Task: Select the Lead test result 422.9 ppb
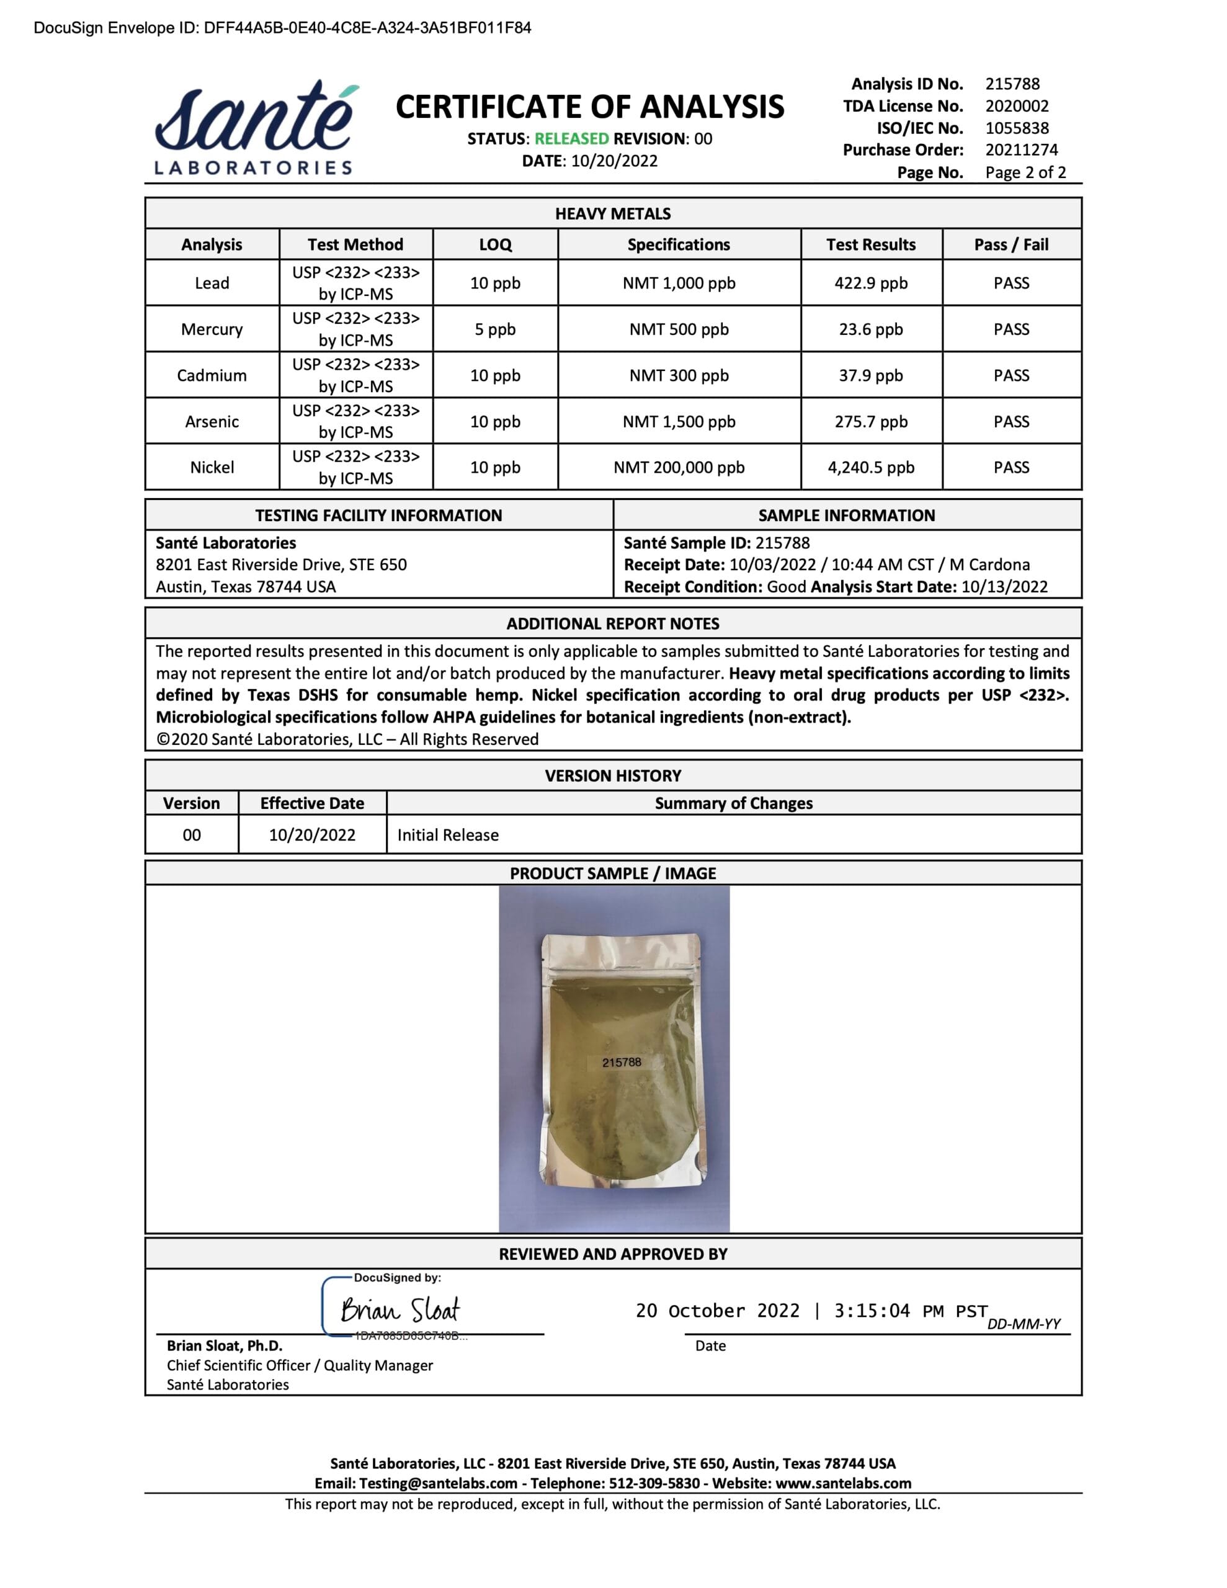pyautogui.click(x=870, y=283)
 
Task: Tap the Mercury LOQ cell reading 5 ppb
pyautogui.click(x=494, y=329)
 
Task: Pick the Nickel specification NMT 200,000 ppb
pyautogui.click(x=679, y=468)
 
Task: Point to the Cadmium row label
pyautogui.click(x=212, y=375)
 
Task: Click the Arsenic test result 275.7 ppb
pyautogui.click(x=870, y=422)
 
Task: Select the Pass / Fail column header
pyautogui.click(x=1011, y=244)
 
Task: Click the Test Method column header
pyautogui.click(x=355, y=244)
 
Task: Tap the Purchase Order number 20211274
pyautogui.click(x=1021, y=149)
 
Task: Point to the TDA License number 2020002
pyautogui.click(x=1017, y=106)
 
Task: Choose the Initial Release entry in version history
pyautogui.click(x=448, y=835)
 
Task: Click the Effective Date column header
pyautogui.click(x=312, y=803)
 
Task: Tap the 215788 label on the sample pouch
pyautogui.click(x=621, y=1063)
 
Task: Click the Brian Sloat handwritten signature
pyautogui.click(x=400, y=1310)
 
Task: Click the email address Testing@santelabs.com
pyautogui.click(x=438, y=1483)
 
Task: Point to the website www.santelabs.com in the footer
pyautogui.click(x=843, y=1483)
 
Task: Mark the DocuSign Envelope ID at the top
pyautogui.click(x=282, y=28)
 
